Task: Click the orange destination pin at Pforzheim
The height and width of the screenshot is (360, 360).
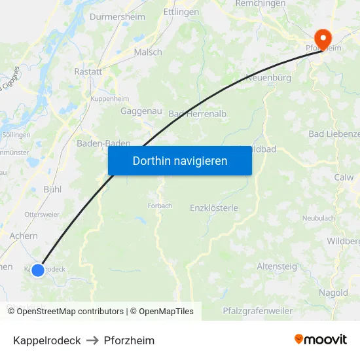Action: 323,38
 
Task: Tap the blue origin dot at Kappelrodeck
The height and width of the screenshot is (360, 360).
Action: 38,270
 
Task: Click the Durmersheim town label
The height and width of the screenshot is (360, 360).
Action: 117,16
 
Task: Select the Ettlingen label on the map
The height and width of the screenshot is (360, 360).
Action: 181,12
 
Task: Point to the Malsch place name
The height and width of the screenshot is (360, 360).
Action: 148,52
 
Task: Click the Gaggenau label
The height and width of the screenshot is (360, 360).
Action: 141,111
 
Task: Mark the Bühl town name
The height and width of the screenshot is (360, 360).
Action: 52,189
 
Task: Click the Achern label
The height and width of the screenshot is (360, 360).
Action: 24,236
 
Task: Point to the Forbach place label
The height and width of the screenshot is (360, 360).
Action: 160,206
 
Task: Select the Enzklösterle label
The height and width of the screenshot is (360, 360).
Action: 213,208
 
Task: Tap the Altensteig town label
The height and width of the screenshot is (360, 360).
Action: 277,266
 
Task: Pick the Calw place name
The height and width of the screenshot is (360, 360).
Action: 344,177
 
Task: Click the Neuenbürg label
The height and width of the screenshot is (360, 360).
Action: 268,78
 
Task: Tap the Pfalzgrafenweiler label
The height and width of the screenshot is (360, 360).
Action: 257,311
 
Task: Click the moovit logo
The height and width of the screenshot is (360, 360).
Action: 321,339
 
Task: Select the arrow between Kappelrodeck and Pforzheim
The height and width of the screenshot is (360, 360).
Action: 92,340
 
